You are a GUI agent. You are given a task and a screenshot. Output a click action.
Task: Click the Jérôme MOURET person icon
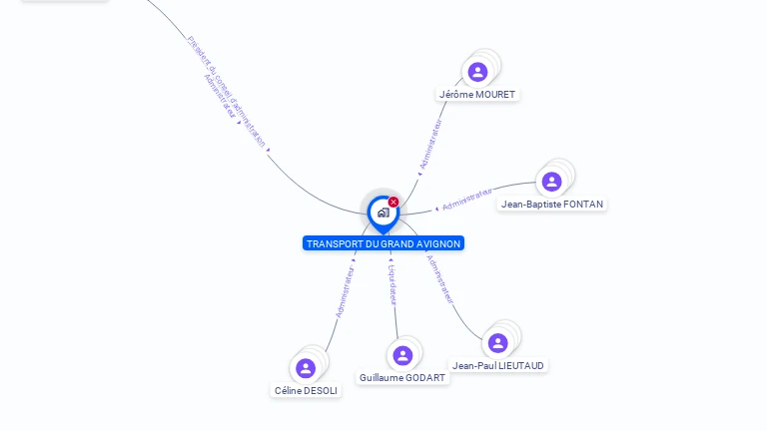point(477,72)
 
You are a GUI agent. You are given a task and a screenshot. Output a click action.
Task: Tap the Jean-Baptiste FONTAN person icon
point(551,182)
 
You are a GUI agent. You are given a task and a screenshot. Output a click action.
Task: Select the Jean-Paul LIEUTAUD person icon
point(497,343)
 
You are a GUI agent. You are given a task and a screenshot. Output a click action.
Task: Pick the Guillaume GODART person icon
point(402,355)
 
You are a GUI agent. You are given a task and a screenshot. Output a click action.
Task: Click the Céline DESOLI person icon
point(306,368)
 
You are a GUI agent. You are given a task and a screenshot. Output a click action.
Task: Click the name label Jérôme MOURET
point(477,95)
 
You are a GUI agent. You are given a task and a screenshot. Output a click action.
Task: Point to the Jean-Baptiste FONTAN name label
point(552,205)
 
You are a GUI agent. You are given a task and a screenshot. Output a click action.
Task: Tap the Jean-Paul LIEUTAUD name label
point(498,366)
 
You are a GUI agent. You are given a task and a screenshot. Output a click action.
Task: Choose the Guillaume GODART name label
point(402,378)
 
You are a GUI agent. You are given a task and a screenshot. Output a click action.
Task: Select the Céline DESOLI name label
point(306,391)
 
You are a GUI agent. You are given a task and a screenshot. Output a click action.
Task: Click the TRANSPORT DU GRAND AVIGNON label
point(383,243)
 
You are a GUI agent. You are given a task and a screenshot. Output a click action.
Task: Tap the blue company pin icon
point(382,213)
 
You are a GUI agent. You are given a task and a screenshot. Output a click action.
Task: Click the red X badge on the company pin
point(393,203)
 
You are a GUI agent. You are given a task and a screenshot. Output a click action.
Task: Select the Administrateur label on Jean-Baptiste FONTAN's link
point(467,199)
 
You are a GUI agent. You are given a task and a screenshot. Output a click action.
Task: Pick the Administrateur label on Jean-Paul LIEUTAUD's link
point(440,279)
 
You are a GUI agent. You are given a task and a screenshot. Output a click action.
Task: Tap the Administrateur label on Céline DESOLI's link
point(346,292)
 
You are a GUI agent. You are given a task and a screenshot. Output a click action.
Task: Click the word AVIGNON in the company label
point(439,243)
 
